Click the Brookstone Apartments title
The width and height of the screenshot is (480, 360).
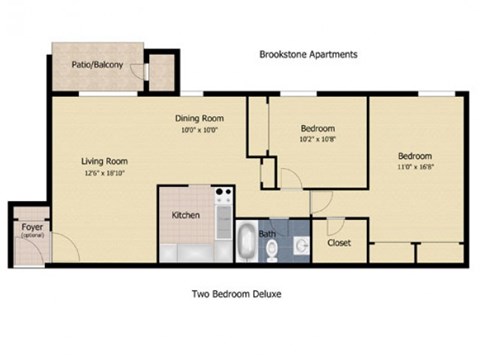(x=308, y=55)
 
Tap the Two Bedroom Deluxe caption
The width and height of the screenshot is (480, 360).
(x=239, y=294)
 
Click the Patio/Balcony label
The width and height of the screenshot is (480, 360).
(x=98, y=66)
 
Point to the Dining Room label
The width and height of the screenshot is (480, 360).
(x=198, y=117)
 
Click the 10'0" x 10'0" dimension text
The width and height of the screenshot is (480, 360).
(x=198, y=129)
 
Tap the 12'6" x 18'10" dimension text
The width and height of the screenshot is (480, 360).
(x=104, y=172)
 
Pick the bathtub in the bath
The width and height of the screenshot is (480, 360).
(x=245, y=243)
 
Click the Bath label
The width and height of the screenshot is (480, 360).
(x=268, y=234)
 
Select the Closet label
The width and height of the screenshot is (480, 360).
(x=338, y=242)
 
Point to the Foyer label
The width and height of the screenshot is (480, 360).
(x=31, y=227)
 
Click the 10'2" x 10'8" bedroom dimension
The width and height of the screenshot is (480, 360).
(x=317, y=141)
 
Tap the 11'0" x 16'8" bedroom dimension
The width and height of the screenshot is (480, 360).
(x=414, y=168)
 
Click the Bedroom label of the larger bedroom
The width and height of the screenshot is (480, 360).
(x=414, y=156)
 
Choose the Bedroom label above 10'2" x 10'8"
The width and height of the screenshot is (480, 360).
(x=317, y=129)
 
